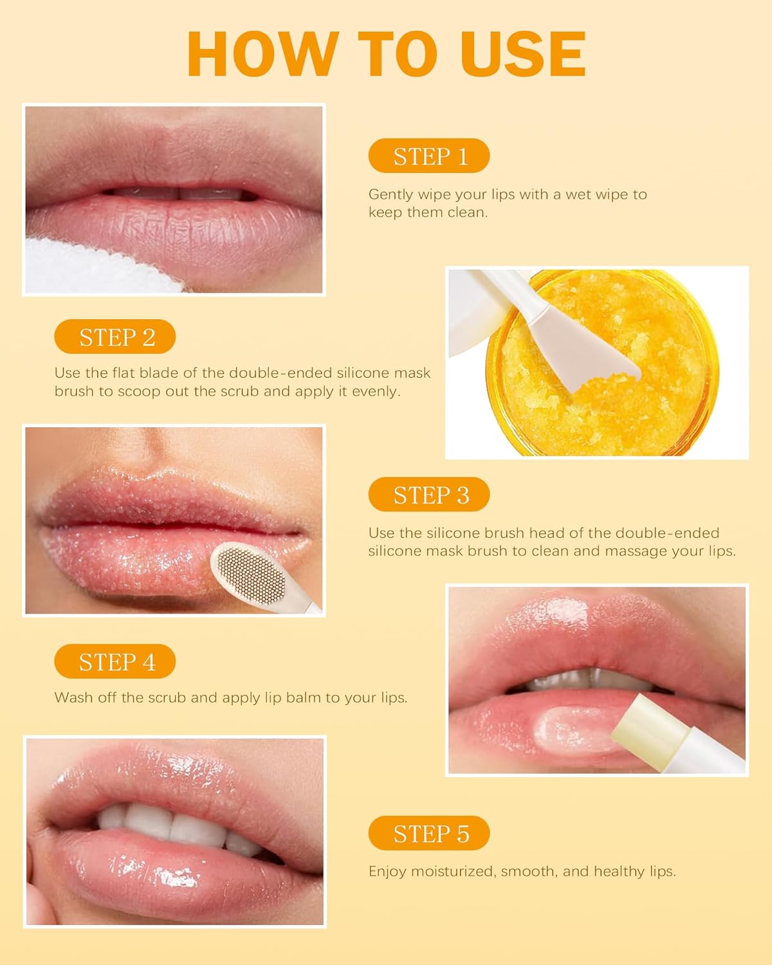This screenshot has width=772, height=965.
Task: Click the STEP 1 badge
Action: click(429, 156)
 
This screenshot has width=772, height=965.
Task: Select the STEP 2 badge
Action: click(115, 337)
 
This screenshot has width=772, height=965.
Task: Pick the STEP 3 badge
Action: click(429, 495)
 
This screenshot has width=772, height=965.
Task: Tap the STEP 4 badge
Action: click(115, 662)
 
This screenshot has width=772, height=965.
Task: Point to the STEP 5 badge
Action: click(429, 834)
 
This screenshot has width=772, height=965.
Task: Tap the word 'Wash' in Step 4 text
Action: click(73, 698)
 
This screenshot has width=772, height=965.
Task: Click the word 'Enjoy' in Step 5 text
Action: click(387, 872)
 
